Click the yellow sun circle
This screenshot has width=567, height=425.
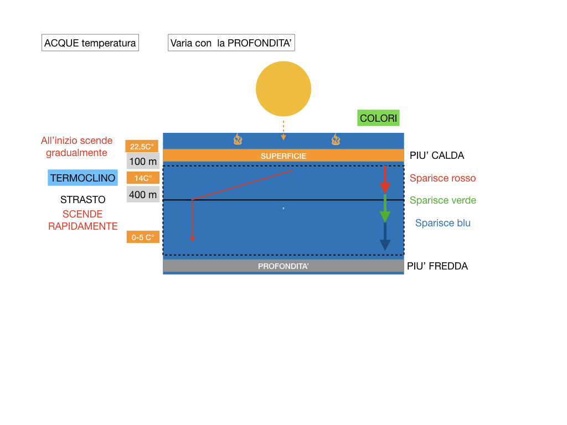click(283, 89)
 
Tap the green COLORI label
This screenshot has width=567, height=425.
click(378, 118)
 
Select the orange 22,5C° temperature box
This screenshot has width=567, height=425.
click(142, 146)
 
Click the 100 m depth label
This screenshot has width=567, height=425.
click(143, 162)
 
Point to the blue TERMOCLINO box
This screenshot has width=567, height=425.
click(83, 178)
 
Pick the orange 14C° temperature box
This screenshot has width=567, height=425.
click(143, 178)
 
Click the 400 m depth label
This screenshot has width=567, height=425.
click(143, 195)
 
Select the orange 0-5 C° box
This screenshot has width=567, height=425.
click(143, 237)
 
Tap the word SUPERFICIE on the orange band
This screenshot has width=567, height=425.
click(283, 156)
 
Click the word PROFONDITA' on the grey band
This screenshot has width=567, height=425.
click(283, 266)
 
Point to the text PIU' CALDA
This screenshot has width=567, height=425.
click(437, 156)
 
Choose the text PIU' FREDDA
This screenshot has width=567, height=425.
click(437, 266)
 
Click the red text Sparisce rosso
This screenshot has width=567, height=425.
click(442, 178)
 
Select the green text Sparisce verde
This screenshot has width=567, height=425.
click(442, 200)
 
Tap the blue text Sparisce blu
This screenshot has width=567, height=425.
click(442, 223)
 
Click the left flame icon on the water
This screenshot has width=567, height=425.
click(238, 139)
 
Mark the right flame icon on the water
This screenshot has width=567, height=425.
click(336, 139)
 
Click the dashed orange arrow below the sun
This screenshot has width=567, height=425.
click(283, 131)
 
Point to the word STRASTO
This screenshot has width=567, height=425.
click(83, 200)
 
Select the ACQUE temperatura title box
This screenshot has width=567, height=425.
click(90, 43)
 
